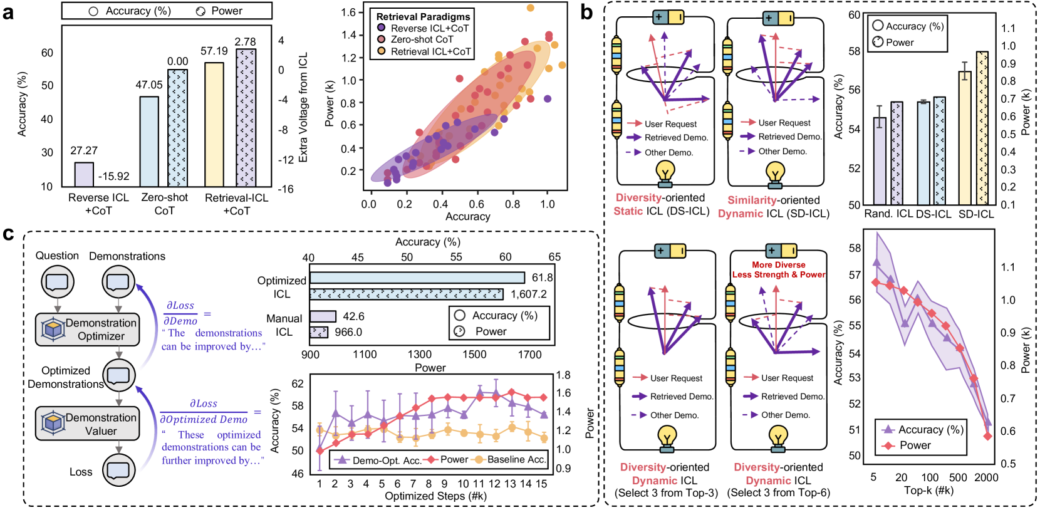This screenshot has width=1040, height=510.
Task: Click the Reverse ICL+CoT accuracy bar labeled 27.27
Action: pyautogui.click(x=84, y=174)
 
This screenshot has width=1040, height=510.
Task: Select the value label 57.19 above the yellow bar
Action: pyautogui.click(x=214, y=51)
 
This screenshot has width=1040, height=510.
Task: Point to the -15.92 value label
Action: pyautogui.click(x=114, y=177)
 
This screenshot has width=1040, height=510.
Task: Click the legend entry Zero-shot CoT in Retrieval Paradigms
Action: pyautogui.click(x=421, y=39)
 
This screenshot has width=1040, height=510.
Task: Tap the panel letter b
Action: pyautogui.click(x=586, y=12)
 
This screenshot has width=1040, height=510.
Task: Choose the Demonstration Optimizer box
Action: pyautogui.click(x=87, y=330)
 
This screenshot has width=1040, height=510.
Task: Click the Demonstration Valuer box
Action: pyautogui.click(x=87, y=424)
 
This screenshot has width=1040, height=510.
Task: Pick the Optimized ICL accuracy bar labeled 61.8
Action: pyautogui.click(x=417, y=278)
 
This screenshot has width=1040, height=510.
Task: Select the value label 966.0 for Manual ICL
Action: pyautogui.click(x=348, y=332)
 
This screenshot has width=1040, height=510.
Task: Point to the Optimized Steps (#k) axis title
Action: pyautogui.click(x=435, y=496)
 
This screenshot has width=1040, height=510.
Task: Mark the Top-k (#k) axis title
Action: pyautogui.click(x=928, y=491)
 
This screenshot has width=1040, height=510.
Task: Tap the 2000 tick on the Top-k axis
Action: pyautogui.click(x=986, y=477)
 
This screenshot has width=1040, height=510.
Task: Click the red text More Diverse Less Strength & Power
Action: pyautogui.click(x=779, y=270)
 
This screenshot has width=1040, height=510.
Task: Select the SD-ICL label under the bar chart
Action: pyautogui.click(x=976, y=214)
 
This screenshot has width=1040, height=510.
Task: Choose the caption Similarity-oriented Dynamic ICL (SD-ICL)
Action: pyautogui.click(x=774, y=207)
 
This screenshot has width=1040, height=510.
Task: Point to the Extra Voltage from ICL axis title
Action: pyautogui.click(x=303, y=107)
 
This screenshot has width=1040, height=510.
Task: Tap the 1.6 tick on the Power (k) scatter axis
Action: pyautogui.click(x=348, y=13)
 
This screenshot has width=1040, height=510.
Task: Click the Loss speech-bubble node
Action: pyautogui.click(x=119, y=470)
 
